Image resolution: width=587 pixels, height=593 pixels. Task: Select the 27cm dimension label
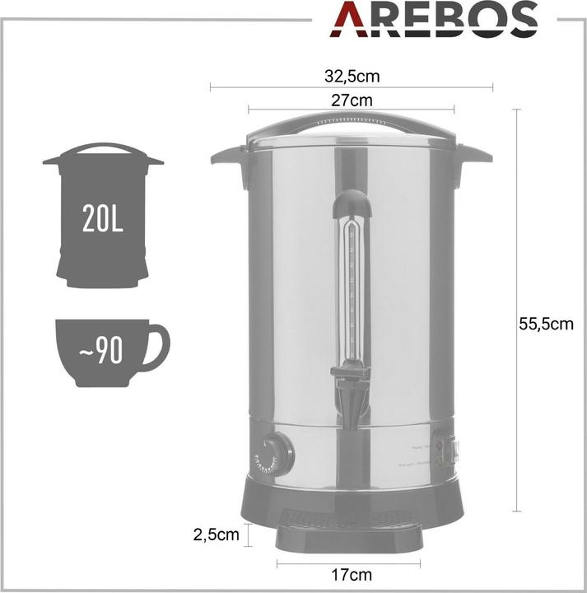[351, 100]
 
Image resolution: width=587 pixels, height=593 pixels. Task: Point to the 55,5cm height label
[546, 324]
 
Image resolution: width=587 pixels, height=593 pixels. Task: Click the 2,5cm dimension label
[216, 535]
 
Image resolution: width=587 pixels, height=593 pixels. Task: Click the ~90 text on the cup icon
[101, 352]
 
